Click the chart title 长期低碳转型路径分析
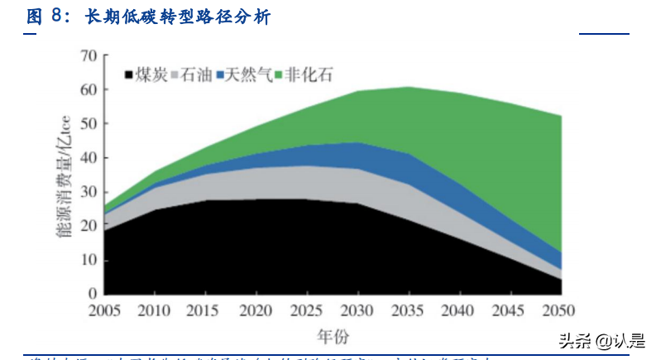[178, 17]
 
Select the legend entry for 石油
[195, 74]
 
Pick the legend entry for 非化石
[309, 74]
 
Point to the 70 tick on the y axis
[89, 56]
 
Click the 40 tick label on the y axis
[89, 158]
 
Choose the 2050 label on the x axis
[559, 311]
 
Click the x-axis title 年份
[331, 337]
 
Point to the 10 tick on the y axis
[89, 260]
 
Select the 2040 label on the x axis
[458, 311]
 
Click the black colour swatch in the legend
[128, 75]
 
